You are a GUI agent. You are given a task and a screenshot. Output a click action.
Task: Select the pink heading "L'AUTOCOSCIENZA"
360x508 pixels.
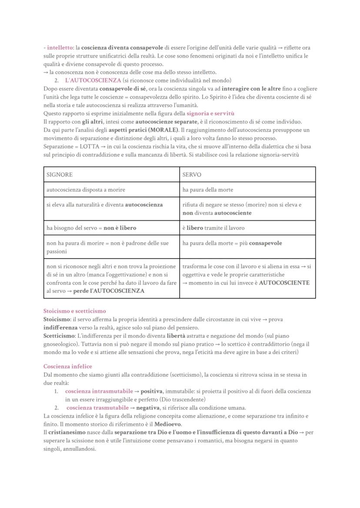click(93, 80)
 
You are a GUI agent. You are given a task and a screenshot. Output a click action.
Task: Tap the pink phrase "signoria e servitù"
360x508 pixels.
click(210, 113)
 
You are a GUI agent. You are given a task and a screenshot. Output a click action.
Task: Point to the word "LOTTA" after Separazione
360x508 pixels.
click(90, 146)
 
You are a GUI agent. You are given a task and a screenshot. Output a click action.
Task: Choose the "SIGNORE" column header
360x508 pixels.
click(60, 175)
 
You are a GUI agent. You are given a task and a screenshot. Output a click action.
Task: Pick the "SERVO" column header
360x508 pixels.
click(192, 175)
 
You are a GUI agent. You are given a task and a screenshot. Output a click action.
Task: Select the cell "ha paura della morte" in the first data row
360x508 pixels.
click(208, 190)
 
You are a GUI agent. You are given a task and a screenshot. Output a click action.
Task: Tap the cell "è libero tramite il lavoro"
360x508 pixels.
click(213, 228)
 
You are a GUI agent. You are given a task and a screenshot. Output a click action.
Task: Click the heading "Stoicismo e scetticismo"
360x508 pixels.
click(74, 311)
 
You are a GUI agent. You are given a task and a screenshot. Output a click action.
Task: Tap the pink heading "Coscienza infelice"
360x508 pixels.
click(67, 366)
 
